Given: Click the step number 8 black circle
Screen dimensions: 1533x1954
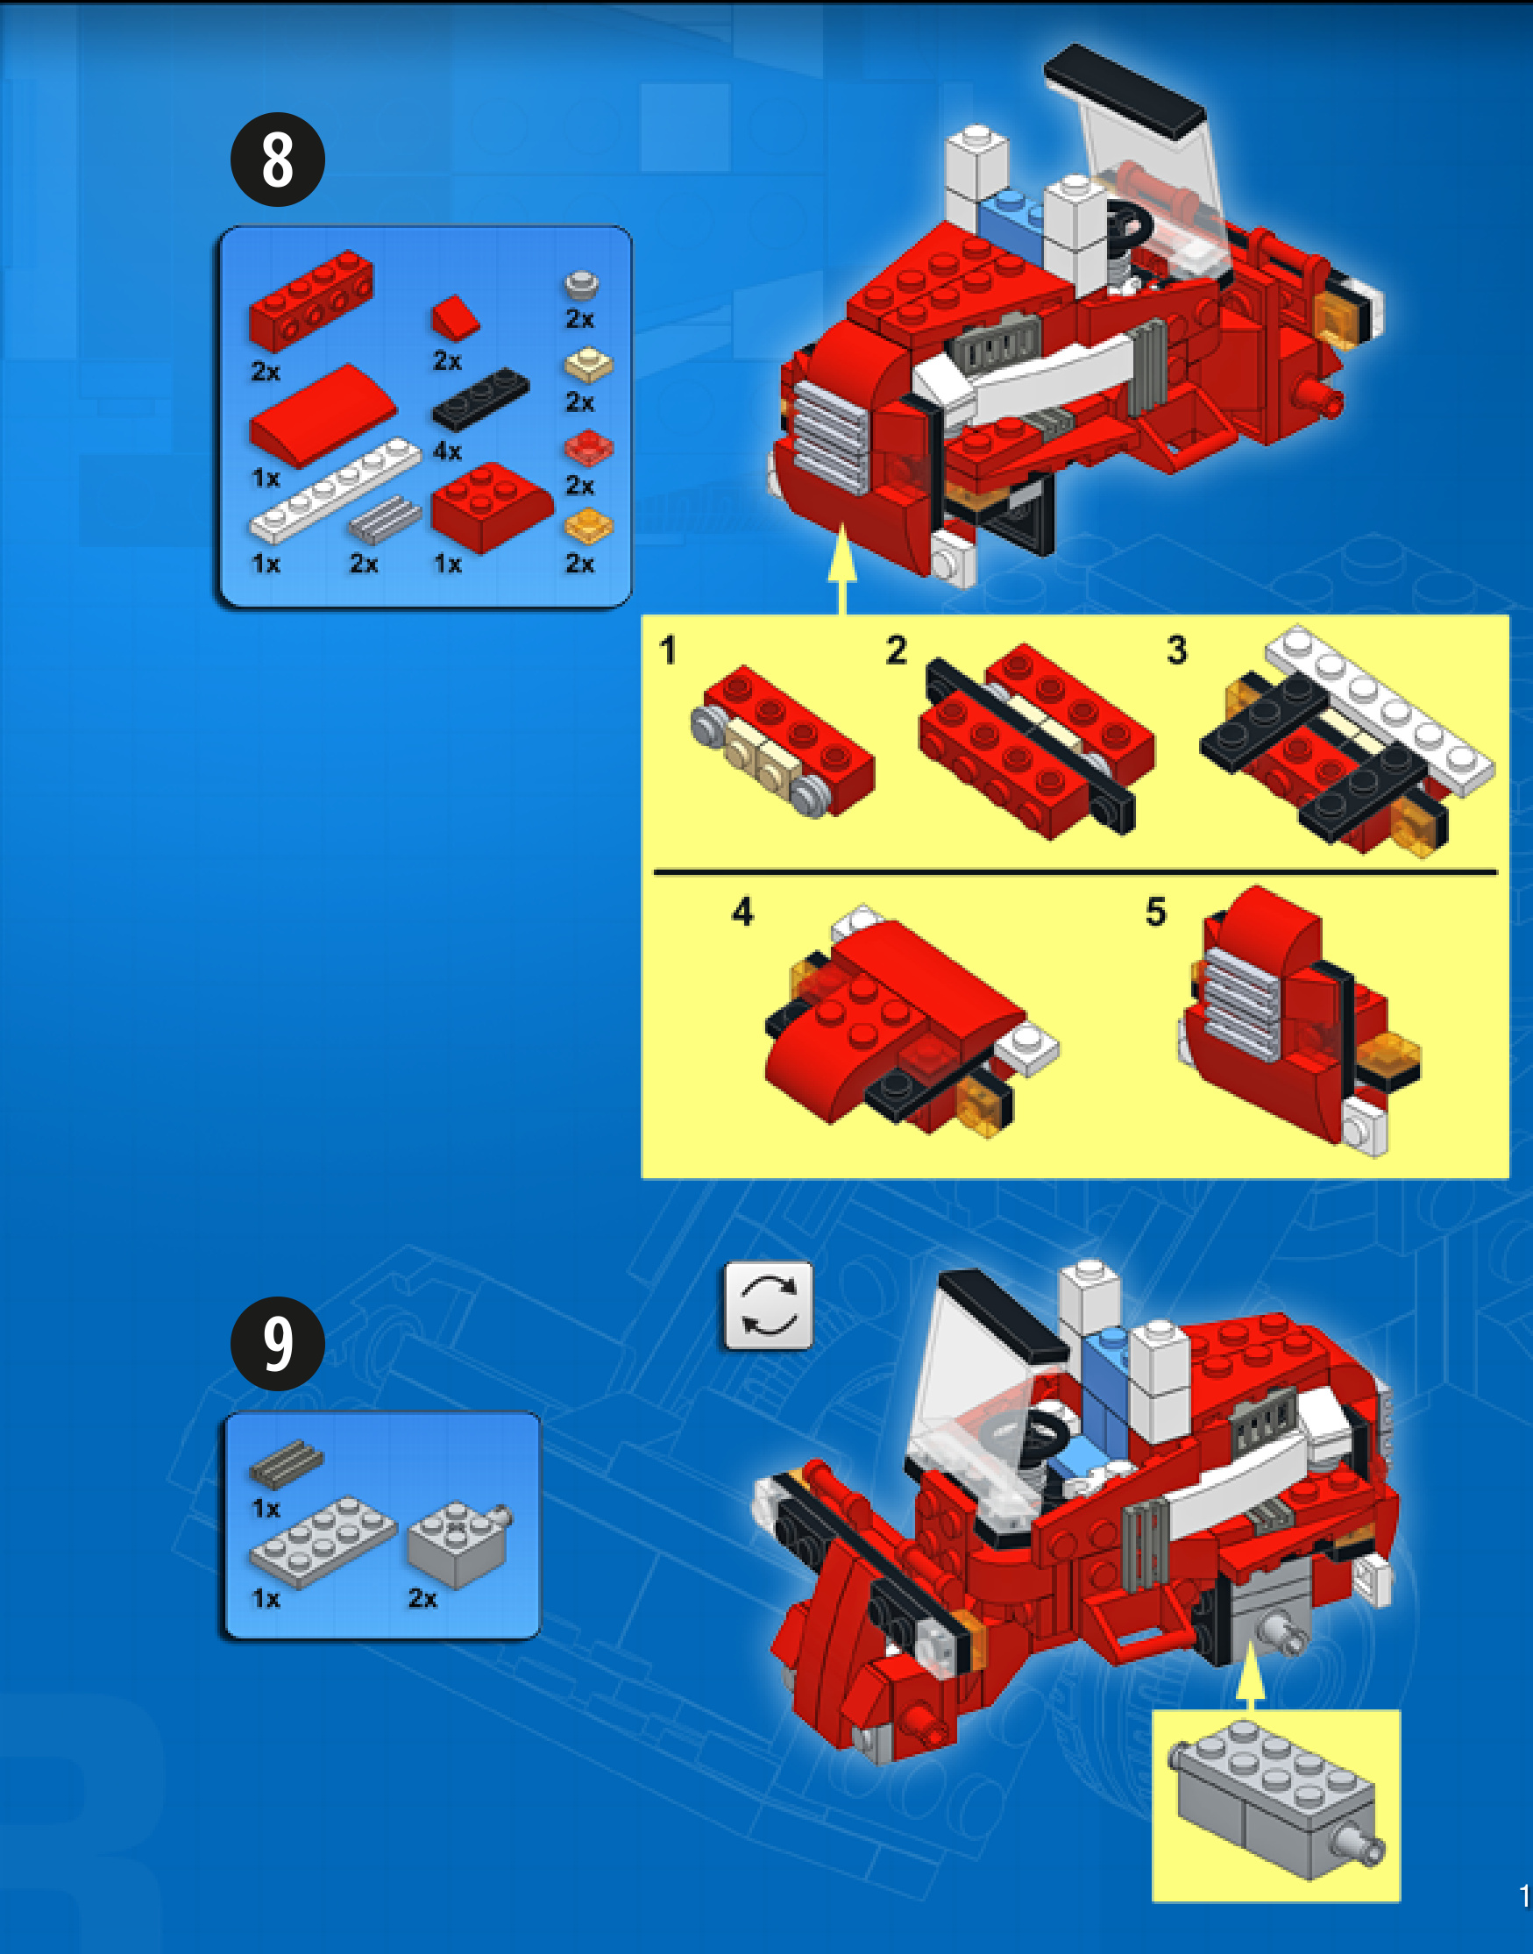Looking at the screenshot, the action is point(277,160).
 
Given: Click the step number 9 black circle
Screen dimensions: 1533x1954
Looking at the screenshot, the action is point(277,1344).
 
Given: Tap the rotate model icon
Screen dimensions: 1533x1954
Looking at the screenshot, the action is point(768,1306).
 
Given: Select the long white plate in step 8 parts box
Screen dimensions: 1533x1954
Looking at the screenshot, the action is point(335,490).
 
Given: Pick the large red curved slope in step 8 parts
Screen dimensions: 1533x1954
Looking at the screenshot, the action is point(323,414).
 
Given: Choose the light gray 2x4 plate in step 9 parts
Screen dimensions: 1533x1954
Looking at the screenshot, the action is point(323,1542).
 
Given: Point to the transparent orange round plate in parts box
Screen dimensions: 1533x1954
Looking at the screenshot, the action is point(589,526).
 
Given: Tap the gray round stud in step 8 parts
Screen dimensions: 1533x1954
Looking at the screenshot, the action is point(582,285).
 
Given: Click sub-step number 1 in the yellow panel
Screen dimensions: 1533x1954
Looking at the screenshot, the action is point(668,650).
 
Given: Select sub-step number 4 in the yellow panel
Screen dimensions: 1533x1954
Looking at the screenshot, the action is point(742,912).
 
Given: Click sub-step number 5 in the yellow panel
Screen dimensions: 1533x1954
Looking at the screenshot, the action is point(1156,912).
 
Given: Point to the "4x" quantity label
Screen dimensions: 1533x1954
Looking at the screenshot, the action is point(447,451).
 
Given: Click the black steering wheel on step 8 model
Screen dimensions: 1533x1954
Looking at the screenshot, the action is point(1126,224).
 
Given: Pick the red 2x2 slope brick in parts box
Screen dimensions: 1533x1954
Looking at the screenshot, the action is point(492,506).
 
